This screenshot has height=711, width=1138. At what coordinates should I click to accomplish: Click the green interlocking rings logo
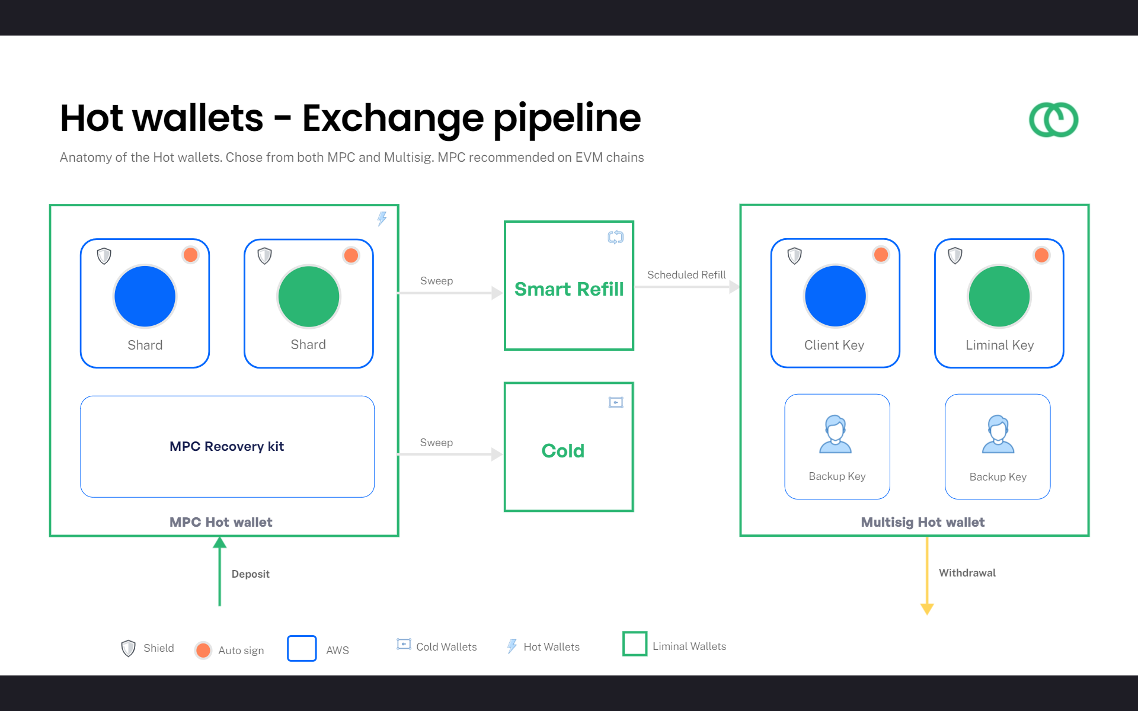[x=1053, y=120]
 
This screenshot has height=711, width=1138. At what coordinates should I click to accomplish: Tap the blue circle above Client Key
[x=835, y=296]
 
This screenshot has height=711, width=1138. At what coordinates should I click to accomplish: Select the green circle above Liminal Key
[x=999, y=296]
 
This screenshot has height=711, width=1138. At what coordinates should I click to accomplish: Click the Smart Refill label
[x=569, y=289]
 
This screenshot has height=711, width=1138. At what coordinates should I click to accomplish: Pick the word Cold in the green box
[x=563, y=451]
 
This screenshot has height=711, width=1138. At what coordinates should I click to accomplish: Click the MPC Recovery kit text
[x=227, y=446]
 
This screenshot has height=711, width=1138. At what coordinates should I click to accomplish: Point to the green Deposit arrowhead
[x=220, y=542]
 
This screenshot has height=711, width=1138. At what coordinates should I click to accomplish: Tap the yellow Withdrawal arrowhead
[x=927, y=609]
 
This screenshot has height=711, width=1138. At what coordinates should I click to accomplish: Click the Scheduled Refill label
[x=686, y=275]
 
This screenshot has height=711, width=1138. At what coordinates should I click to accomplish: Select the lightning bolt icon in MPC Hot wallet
[x=382, y=219]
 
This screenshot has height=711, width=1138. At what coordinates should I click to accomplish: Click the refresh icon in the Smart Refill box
[x=616, y=238]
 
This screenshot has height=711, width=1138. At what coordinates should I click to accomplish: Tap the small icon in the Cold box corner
[x=616, y=403]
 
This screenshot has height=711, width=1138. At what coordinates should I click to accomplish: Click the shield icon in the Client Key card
[x=794, y=256]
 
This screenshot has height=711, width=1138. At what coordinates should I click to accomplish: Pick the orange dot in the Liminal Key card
[x=1041, y=255]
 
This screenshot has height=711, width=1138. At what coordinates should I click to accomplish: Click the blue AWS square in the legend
[x=302, y=648]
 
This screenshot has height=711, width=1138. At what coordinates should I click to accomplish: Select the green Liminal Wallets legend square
[x=635, y=643]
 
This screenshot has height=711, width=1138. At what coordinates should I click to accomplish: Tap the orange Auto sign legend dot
[x=203, y=650]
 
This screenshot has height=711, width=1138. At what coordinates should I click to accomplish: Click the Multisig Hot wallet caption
[x=923, y=522]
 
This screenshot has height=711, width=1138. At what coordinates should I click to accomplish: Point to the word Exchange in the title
[x=393, y=118]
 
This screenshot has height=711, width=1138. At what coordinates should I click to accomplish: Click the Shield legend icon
[x=128, y=648]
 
